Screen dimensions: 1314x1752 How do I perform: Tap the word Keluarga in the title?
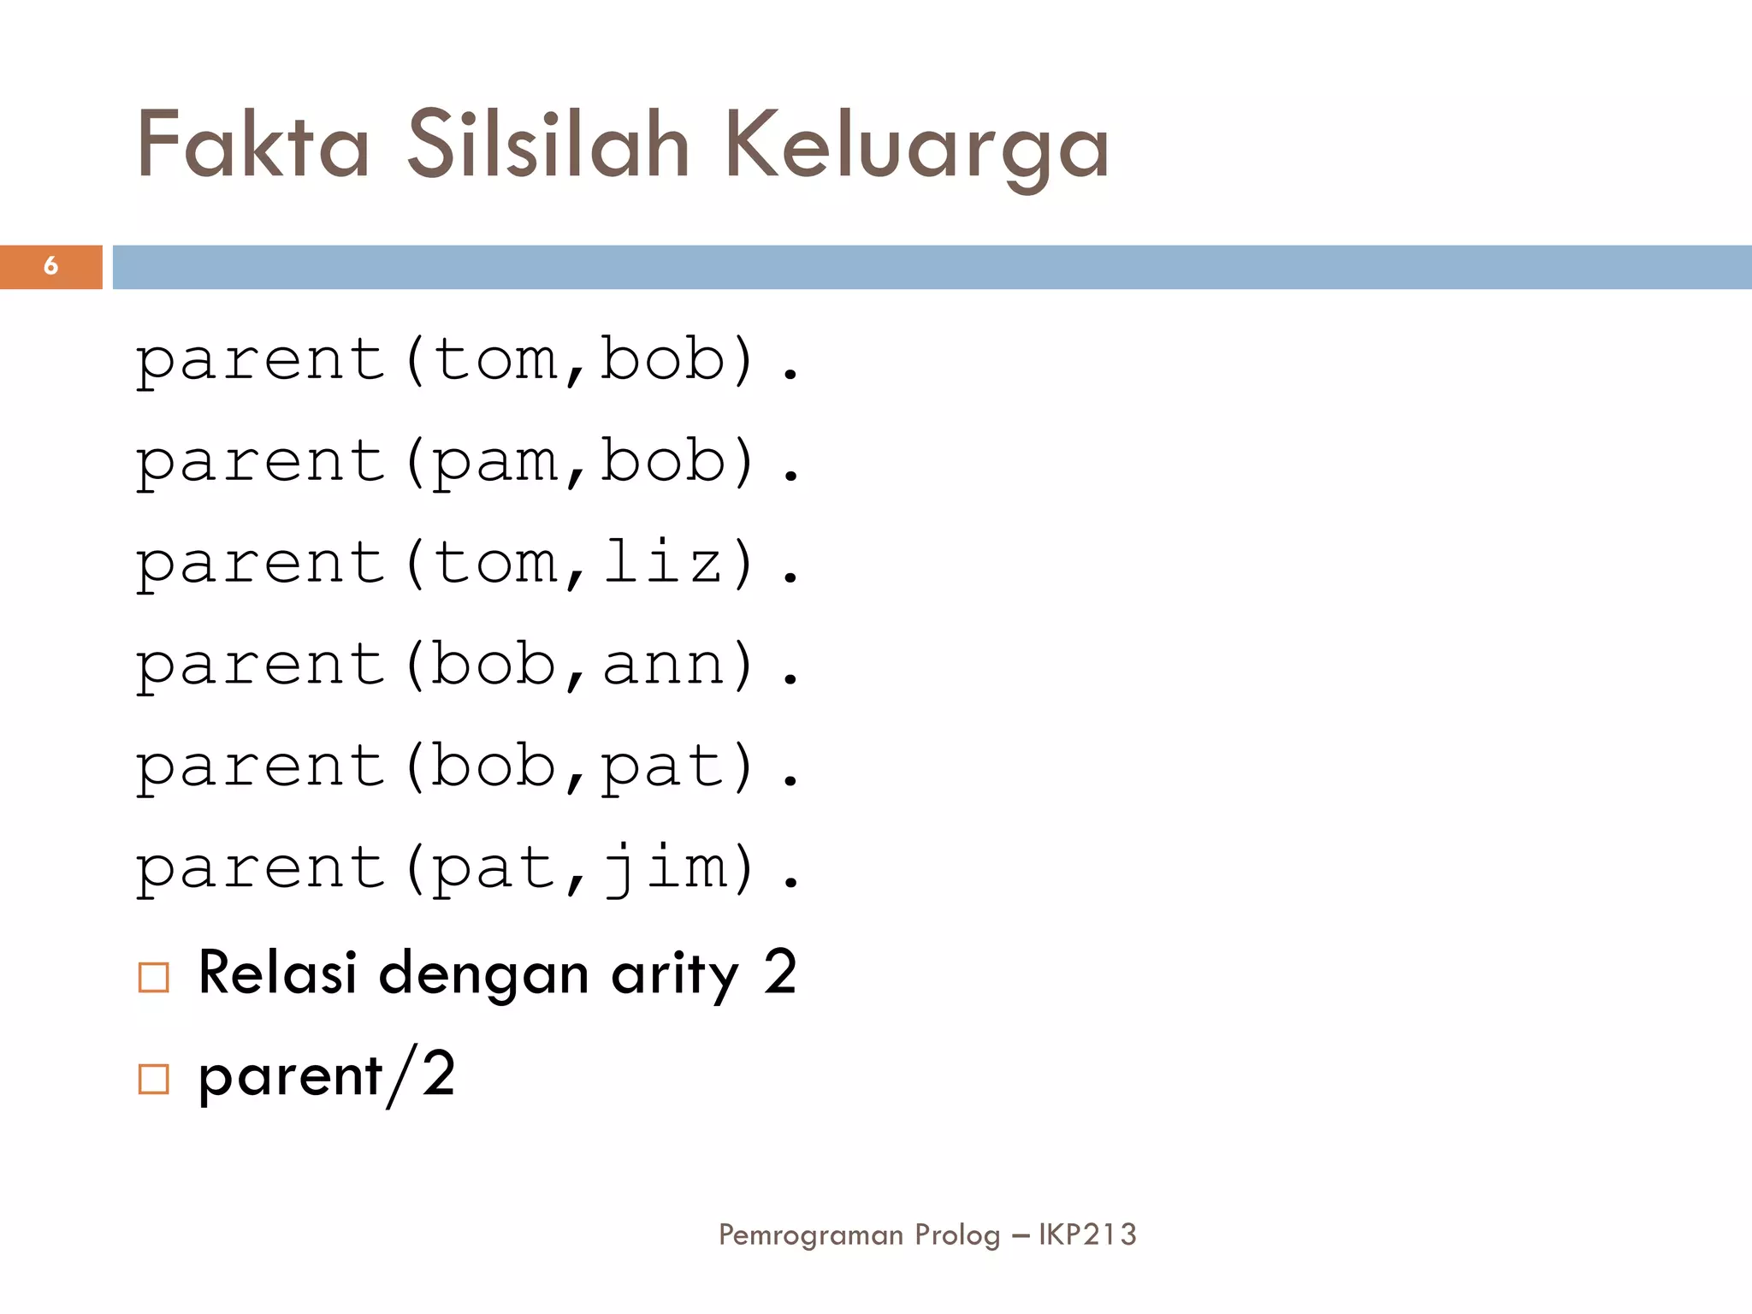pyautogui.click(x=916, y=147)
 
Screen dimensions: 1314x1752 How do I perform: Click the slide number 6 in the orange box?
pyautogui.click(x=50, y=266)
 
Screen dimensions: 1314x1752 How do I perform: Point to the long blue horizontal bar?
pyautogui.click(x=932, y=267)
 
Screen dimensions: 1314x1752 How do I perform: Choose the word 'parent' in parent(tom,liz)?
pyautogui.click(x=261, y=565)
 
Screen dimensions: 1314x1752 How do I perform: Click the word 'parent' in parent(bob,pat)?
pyautogui.click(x=261, y=767)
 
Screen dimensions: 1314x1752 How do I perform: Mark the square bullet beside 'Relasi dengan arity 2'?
pyautogui.click(x=154, y=977)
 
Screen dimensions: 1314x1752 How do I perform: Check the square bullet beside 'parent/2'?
pyautogui.click(x=154, y=1079)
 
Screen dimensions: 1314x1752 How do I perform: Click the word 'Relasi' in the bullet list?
pyautogui.click(x=277, y=973)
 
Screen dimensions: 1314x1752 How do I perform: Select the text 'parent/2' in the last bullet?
pyautogui.click(x=327, y=1076)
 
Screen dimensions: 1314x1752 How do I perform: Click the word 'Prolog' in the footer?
pyautogui.click(x=956, y=1235)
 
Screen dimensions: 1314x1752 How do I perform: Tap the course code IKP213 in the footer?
pyautogui.click(x=1087, y=1234)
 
